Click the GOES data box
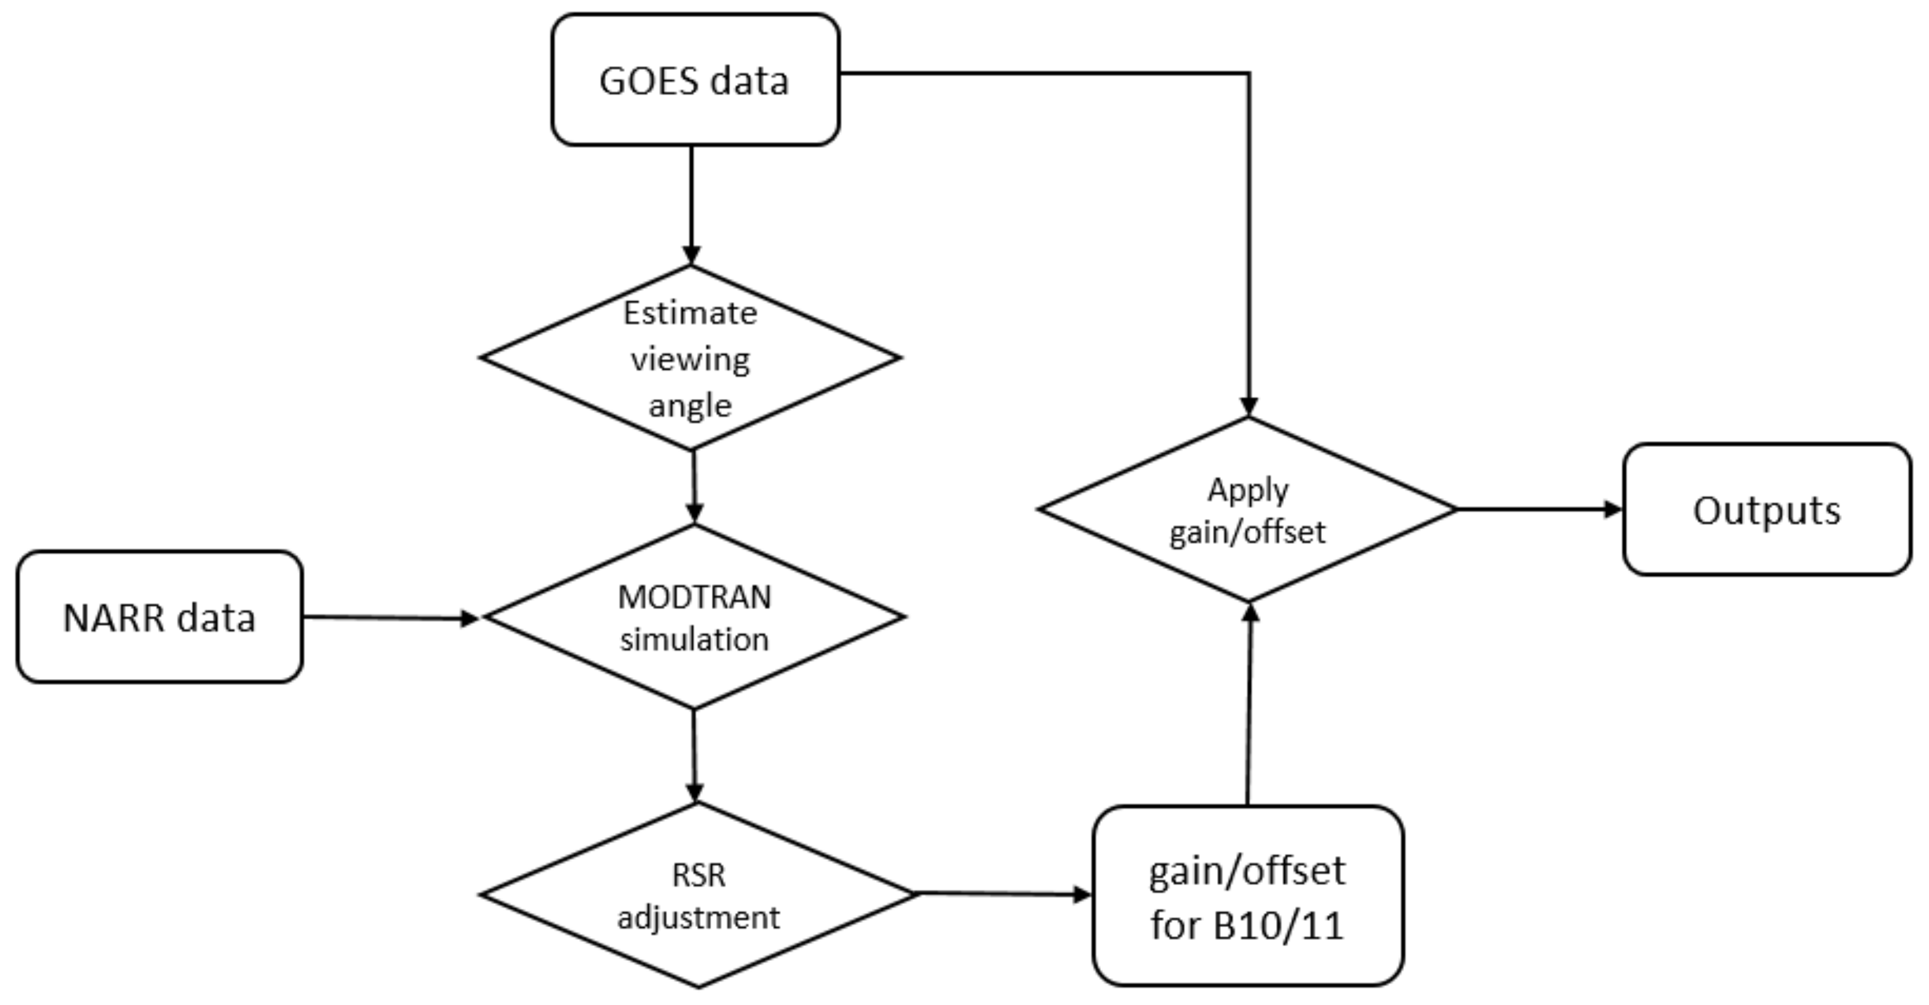695,80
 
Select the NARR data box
159,618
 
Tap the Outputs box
1767,510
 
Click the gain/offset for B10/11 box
1248,897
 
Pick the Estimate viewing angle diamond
690,358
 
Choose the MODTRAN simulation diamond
694,617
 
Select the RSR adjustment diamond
698,895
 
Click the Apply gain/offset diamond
1248,509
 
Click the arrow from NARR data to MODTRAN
390,618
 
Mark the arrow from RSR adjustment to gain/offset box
1003,893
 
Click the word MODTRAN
694,597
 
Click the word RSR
698,874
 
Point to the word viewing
690,360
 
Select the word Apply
1248,490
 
